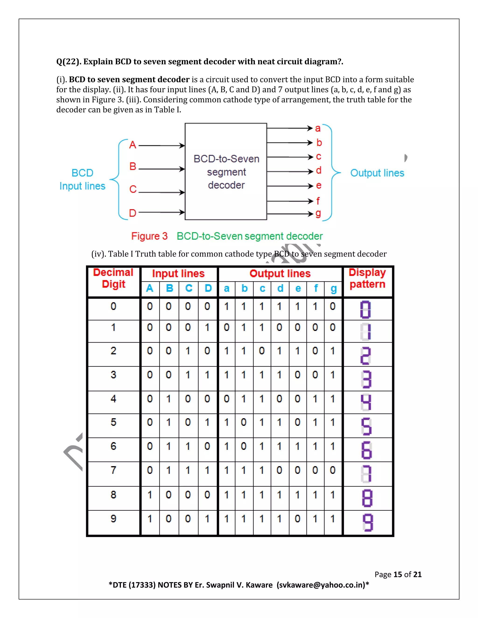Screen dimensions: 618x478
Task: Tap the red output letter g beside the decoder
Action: point(318,213)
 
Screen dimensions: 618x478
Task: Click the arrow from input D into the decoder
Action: point(162,212)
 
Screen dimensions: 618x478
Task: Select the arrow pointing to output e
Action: point(290,186)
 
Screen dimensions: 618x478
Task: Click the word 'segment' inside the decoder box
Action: point(226,172)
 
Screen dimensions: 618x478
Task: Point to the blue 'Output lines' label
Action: point(377,173)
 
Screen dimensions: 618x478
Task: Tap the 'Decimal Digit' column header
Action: point(113,278)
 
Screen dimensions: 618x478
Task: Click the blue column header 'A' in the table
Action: point(150,288)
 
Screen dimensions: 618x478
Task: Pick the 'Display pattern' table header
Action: point(367,278)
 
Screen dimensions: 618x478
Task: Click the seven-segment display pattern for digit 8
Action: point(367,499)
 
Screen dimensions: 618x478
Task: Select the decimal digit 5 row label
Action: point(113,422)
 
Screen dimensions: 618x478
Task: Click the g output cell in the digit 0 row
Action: point(333,306)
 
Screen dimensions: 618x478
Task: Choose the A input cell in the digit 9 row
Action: point(150,519)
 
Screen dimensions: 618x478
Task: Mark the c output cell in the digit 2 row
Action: point(262,351)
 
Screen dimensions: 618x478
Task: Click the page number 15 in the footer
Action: point(397,574)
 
